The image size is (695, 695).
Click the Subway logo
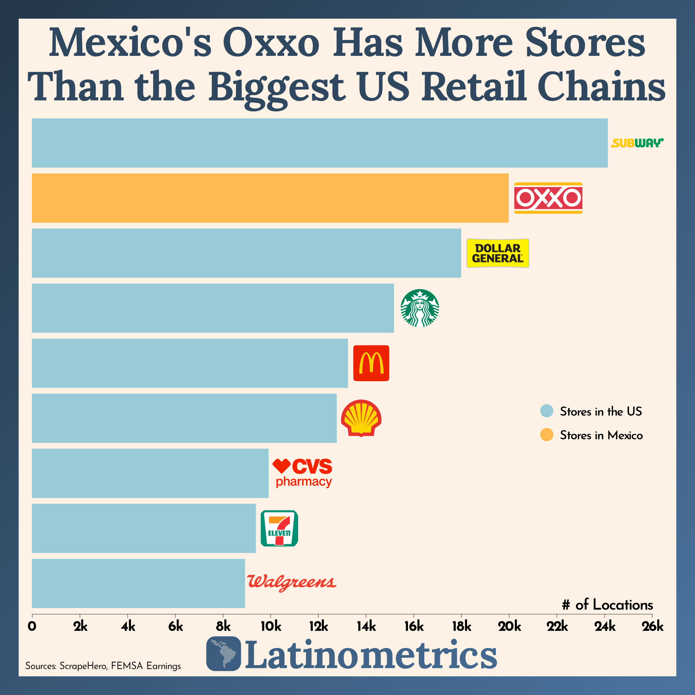tap(637, 143)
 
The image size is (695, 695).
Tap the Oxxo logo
tap(548, 198)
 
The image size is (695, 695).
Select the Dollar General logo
tap(498, 253)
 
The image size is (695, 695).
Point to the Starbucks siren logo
tap(419, 308)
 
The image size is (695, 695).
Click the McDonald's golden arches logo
tap(371, 363)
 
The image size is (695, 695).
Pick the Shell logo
tap(361, 418)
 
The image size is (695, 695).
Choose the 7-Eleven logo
tap(279, 528)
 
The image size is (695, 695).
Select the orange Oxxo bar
tap(270, 198)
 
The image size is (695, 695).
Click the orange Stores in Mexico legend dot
tap(546, 435)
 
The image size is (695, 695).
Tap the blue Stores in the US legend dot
tap(546, 411)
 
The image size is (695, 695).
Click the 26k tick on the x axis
tap(653, 627)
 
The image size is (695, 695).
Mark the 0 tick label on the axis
tap(32, 627)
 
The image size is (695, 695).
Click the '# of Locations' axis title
tap(607, 605)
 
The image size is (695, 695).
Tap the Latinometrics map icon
tap(223, 654)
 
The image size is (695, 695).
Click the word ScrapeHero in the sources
tap(83, 666)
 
